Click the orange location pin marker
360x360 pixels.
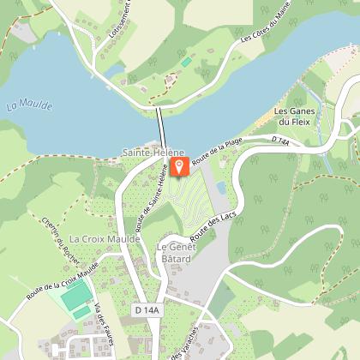click(x=179, y=165)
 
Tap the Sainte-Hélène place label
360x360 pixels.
click(x=153, y=152)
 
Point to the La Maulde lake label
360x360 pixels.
click(x=29, y=105)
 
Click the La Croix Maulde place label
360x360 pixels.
click(x=105, y=238)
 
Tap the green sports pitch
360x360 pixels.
click(x=75, y=297)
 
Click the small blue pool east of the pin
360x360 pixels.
click(x=222, y=187)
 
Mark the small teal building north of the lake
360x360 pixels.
click(x=186, y=63)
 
